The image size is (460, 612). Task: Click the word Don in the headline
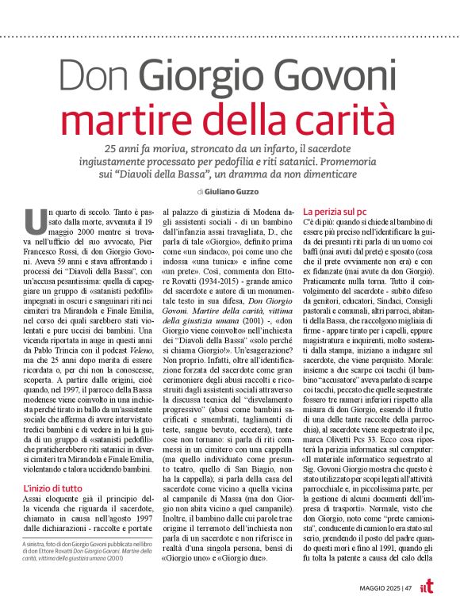pos(94,82)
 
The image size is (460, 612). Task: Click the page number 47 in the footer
pos(408,587)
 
